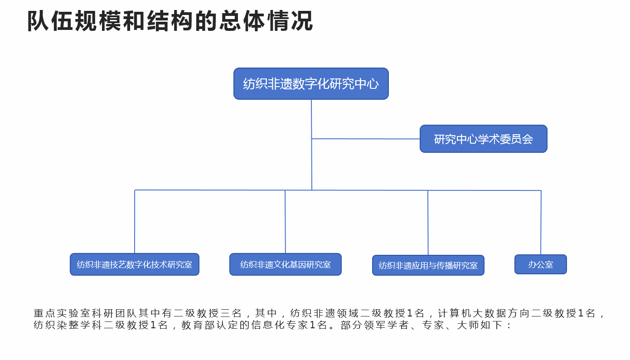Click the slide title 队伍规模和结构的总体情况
click(170, 21)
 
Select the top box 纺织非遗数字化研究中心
click(311, 83)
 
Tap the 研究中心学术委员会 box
click(484, 139)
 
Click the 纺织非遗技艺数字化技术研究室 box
click(135, 264)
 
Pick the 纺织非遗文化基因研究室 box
click(286, 264)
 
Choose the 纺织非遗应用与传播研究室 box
click(428, 265)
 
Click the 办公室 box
click(541, 264)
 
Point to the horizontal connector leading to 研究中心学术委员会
click(366, 139)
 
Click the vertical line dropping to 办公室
click(541, 223)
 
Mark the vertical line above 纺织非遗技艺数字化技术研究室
click(135, 222)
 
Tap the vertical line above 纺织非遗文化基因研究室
click(285, 222)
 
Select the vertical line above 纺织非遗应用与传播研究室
click(428, 223)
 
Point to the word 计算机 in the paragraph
click(455, 313)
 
